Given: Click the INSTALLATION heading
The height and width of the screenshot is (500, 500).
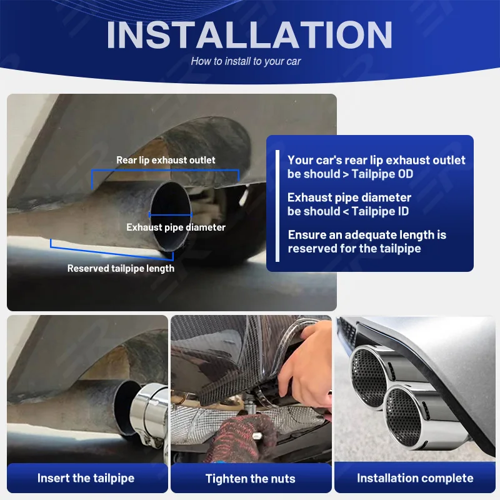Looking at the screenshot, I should click(x=249, y=35).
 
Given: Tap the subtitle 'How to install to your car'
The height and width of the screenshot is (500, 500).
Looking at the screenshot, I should click(x=246, y=61).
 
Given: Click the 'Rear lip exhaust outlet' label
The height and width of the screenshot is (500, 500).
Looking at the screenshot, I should click(x=166, y=160).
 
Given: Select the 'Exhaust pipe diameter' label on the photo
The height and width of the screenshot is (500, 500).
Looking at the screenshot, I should click(x=176, y=227).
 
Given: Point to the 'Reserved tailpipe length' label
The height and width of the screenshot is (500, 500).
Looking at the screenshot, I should click(x=121, y=268).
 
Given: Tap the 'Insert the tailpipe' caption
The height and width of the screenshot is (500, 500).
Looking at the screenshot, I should click(x=86, y=478).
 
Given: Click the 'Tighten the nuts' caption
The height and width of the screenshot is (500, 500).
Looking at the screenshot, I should click(x=250, y=479).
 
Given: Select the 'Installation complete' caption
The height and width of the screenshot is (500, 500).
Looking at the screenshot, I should click(x=415, y=478).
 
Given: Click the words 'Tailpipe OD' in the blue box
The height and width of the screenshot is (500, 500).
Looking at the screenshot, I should click(x=382, y=174).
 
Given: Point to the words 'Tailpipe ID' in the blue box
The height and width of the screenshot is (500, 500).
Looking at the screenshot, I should click(x=380, y=211).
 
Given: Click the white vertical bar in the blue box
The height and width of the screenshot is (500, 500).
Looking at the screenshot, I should click(x=277, y=202).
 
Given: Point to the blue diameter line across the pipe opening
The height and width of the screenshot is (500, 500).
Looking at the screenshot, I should click(x=169, y=216).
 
